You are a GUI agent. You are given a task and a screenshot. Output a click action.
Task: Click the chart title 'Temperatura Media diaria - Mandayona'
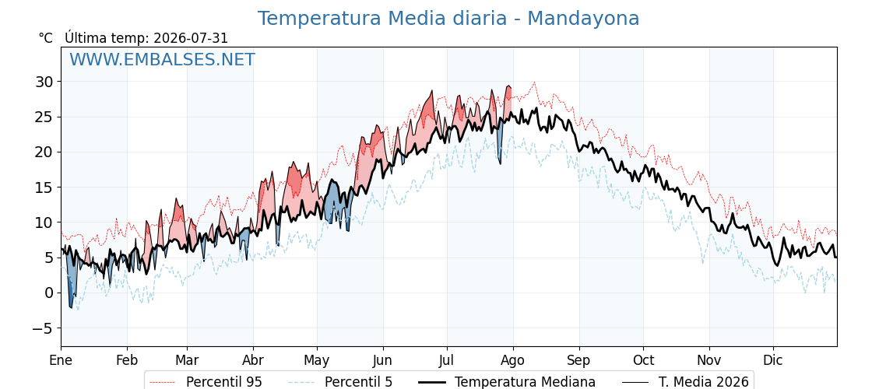pos(448,19)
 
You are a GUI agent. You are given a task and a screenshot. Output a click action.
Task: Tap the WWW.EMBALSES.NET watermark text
pos(163,59)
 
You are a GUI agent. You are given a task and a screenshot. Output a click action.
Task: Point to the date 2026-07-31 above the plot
pos(191,38)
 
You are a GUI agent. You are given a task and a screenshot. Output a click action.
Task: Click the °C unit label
pos(46,38)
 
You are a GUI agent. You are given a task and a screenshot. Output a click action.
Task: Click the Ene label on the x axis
pos(61,360)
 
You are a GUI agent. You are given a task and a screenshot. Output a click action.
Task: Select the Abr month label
pos(253,360)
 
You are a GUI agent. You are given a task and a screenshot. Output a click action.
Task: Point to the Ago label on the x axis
pos(512,361)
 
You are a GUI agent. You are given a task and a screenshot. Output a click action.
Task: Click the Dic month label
pos(773,360)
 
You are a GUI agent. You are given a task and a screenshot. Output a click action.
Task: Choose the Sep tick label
pos(579,361)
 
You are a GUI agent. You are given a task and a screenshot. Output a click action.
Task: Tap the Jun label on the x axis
pos(382,360)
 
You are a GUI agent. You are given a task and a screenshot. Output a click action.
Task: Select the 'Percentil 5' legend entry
pos(340,382)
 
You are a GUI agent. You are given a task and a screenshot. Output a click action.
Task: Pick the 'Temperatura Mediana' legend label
pos(505,382)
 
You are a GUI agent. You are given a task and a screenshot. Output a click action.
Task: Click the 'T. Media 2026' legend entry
pos(685,382)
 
